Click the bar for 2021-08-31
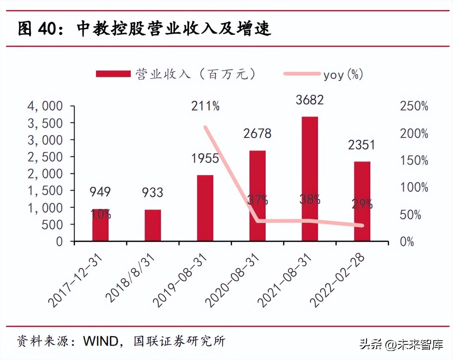(x=309, y=179)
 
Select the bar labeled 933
(x=153, y=225)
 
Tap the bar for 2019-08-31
(x=205, y=208)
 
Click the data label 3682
(x=309, y=100)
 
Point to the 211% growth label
(x=205, y=106)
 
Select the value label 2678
(x=257, y=134)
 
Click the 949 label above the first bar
(x=100, y=192)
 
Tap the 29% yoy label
(x=362, y=204)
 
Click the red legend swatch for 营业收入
(x=113, y=74)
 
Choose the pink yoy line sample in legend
(x=302, y=74)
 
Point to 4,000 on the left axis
(x=45, y=106)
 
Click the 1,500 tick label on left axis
(x=45, y=191)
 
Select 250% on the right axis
(x=414, y=106)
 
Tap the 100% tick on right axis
(x=414, y=187)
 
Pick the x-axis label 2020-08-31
(x=232, y=281)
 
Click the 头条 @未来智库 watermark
(x=401, y=344)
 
